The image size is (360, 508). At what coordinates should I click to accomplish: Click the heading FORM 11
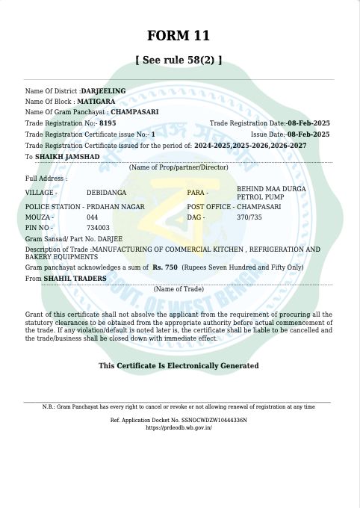[x=179, y=36]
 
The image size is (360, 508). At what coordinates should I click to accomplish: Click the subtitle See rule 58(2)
[x=179, y=61]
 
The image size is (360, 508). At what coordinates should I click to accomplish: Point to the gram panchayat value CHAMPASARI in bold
[x=137, y=111]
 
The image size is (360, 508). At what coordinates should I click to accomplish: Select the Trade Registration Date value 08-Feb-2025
[x=308, y=123]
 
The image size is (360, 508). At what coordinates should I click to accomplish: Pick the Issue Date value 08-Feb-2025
[x=308, y=134]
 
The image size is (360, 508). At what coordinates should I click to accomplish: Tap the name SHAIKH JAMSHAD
[x=67, y=157]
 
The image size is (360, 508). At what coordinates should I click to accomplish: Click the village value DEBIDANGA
[x=106, y=193]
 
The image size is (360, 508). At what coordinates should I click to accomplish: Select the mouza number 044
[x=93, y=217]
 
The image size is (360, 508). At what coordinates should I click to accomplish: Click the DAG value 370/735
[x=249, y=217]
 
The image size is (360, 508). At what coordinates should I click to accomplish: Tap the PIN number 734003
[x=98, y=227]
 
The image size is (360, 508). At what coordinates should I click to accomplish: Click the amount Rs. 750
[x=165, y=267]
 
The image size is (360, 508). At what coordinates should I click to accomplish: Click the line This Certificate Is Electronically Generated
[x=179, y=365]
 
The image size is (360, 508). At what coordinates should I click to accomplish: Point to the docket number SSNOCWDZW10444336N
[x=211, y=421]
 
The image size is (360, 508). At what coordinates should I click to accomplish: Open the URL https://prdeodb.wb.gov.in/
[x=179, y=427]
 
